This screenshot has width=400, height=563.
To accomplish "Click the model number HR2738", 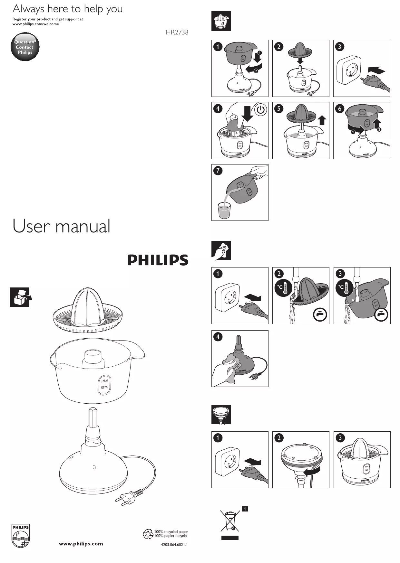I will pos(177,32).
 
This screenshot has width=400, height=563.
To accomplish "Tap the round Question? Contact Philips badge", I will pos(25,47).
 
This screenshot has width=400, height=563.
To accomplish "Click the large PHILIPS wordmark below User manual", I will pos(158,260).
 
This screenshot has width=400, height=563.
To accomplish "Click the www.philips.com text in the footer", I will pos(81,544).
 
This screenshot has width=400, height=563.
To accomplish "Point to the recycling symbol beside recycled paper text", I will pos(148,534).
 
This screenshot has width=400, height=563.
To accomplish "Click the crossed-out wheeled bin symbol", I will pos(229,520).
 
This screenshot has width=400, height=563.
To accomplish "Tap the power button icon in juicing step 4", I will pos(260,110).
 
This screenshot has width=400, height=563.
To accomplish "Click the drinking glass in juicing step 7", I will pos(224,210).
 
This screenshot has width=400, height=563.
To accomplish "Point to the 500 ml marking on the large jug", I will pos(104,380).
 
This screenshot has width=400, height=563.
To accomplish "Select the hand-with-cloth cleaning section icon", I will pos(221,250).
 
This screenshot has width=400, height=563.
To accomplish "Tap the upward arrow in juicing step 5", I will pos(322,121).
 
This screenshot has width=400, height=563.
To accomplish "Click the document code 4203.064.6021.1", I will pos(174,545).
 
